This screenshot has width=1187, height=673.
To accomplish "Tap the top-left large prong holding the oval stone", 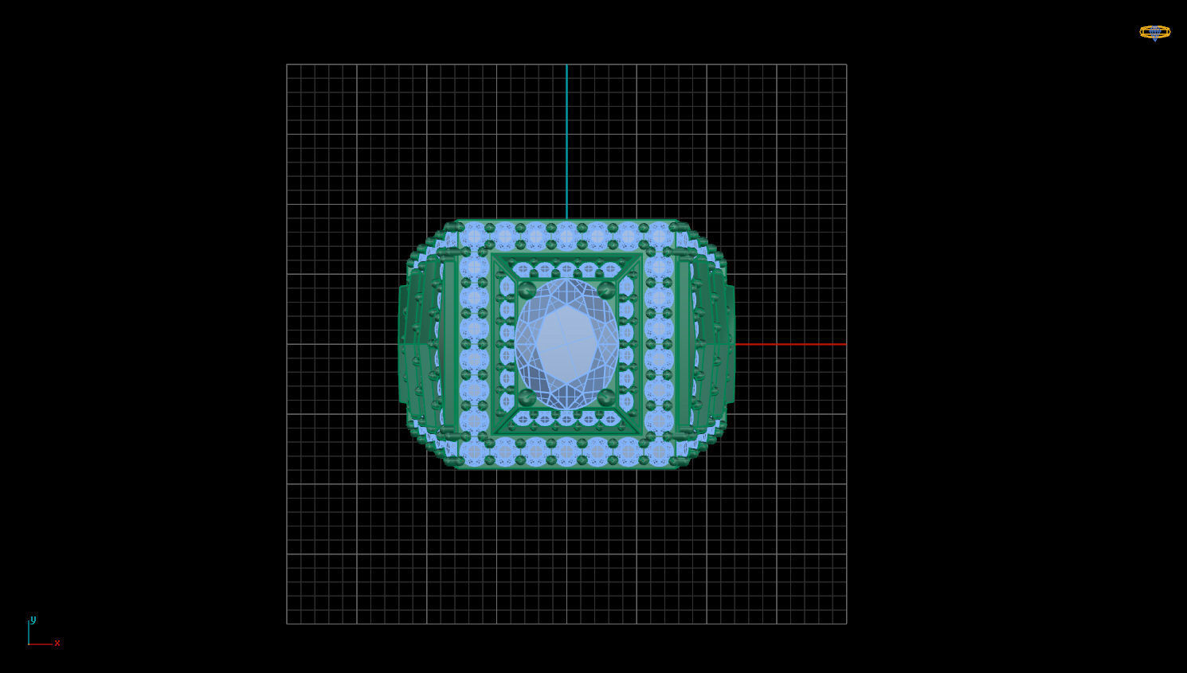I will click(x=527, y=290).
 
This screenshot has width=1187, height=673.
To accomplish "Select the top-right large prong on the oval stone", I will click(x=606, y=290).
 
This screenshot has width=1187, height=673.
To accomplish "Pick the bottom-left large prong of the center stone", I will click(x=527, y=397).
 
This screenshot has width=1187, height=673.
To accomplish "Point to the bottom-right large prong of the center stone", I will click(x=606, y=397).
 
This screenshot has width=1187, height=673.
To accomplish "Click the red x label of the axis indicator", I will click(x=57, y=643).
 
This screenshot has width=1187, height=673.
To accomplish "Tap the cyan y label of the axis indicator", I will click(x=33, y=620).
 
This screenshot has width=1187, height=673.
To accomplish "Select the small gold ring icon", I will click(x=1154, y=32).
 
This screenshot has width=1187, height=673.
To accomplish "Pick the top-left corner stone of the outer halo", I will click(x=474, y=237).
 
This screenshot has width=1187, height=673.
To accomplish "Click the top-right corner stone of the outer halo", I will click(x=659, y=237).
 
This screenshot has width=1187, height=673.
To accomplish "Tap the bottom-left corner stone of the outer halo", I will click(x=474, y=452).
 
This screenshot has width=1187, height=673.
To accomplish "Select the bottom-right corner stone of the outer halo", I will click(x=659, y=452).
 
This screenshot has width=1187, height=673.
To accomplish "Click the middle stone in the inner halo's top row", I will click(x=566, y=268).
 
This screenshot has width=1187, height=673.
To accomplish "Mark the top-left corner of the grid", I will click(x=287, y=65).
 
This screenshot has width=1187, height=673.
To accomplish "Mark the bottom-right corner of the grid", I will click(x=846, y=624).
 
